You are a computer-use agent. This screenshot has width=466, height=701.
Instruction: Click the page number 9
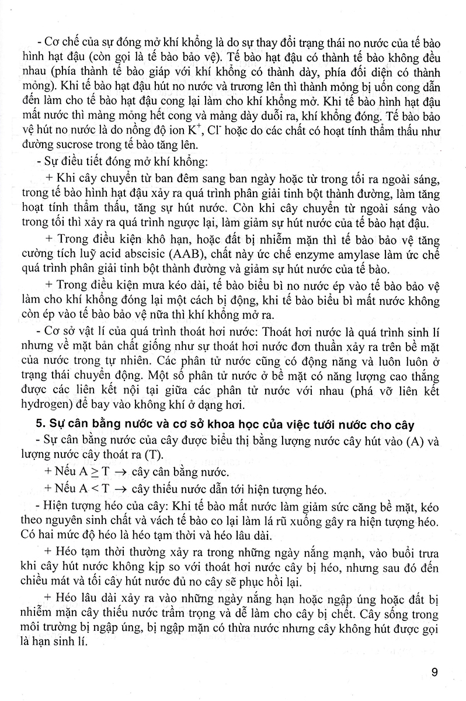click(434, 672)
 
